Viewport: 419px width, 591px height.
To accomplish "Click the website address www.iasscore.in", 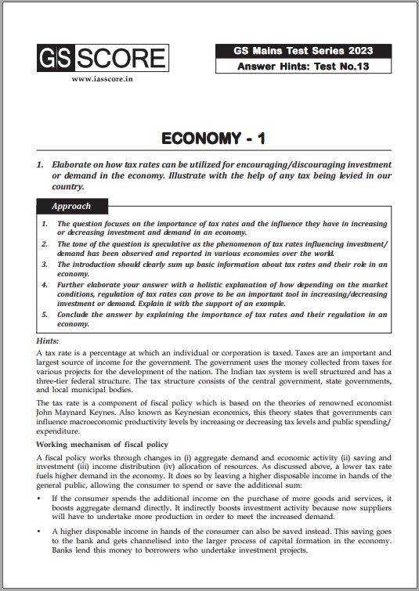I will click(100, 78).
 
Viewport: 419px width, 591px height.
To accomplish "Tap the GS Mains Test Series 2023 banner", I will click(303, 51).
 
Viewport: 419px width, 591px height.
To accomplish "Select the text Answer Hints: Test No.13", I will click(303, 67).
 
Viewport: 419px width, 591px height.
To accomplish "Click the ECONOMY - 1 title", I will click(213, 139).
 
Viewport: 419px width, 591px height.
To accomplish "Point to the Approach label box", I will click(71, 207).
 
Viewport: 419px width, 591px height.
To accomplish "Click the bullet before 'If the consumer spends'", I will click(39, 498).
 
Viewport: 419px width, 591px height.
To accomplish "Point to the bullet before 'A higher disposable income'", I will click(39, 531).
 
